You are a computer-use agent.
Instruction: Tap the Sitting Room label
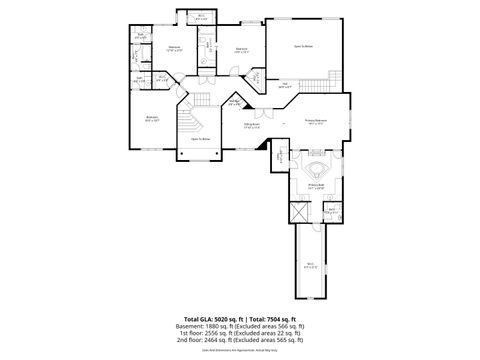[x=253, y=126]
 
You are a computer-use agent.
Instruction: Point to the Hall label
[x=285, y=86]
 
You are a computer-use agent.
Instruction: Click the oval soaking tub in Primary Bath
[x=317, y=169]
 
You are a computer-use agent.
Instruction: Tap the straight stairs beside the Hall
[x=254, y=79]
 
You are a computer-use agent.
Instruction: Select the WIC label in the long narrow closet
[x=311, y=265]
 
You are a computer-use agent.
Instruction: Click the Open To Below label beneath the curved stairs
[x=200, y=139]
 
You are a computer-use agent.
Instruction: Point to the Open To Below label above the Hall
[x=303, y=46]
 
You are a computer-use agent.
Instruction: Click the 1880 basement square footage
[x=220, y=325]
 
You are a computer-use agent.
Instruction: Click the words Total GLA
[x=195, y=317]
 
